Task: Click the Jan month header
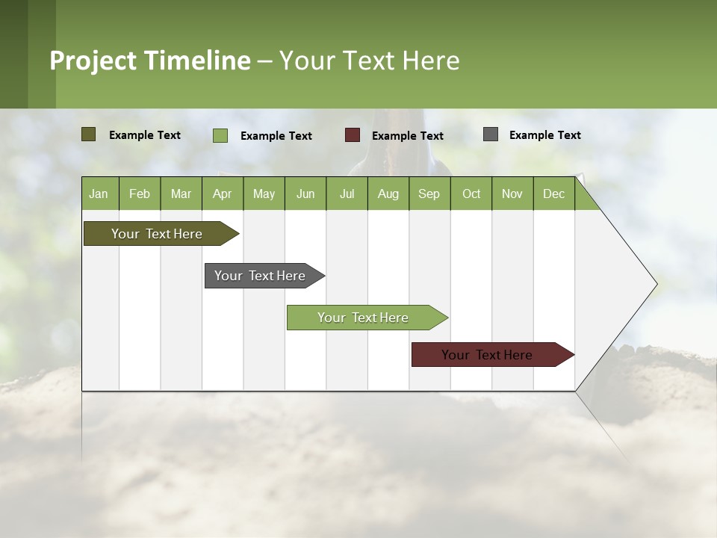(99, 194)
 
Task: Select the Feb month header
(140, 194)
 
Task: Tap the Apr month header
(222, 194)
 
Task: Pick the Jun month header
(305, 194)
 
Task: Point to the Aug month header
(388, 194)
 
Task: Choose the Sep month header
(429, 194)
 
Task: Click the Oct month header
(471, 194)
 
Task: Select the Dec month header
(553, 194)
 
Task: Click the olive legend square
(89, 134)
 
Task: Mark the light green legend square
(220, 135)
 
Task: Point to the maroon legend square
(353, 135)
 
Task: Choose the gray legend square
(491, 134)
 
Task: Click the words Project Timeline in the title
(150, 61)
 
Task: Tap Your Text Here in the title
(369, 61)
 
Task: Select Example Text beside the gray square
(544, 135)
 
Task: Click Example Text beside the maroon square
(407, 136)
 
